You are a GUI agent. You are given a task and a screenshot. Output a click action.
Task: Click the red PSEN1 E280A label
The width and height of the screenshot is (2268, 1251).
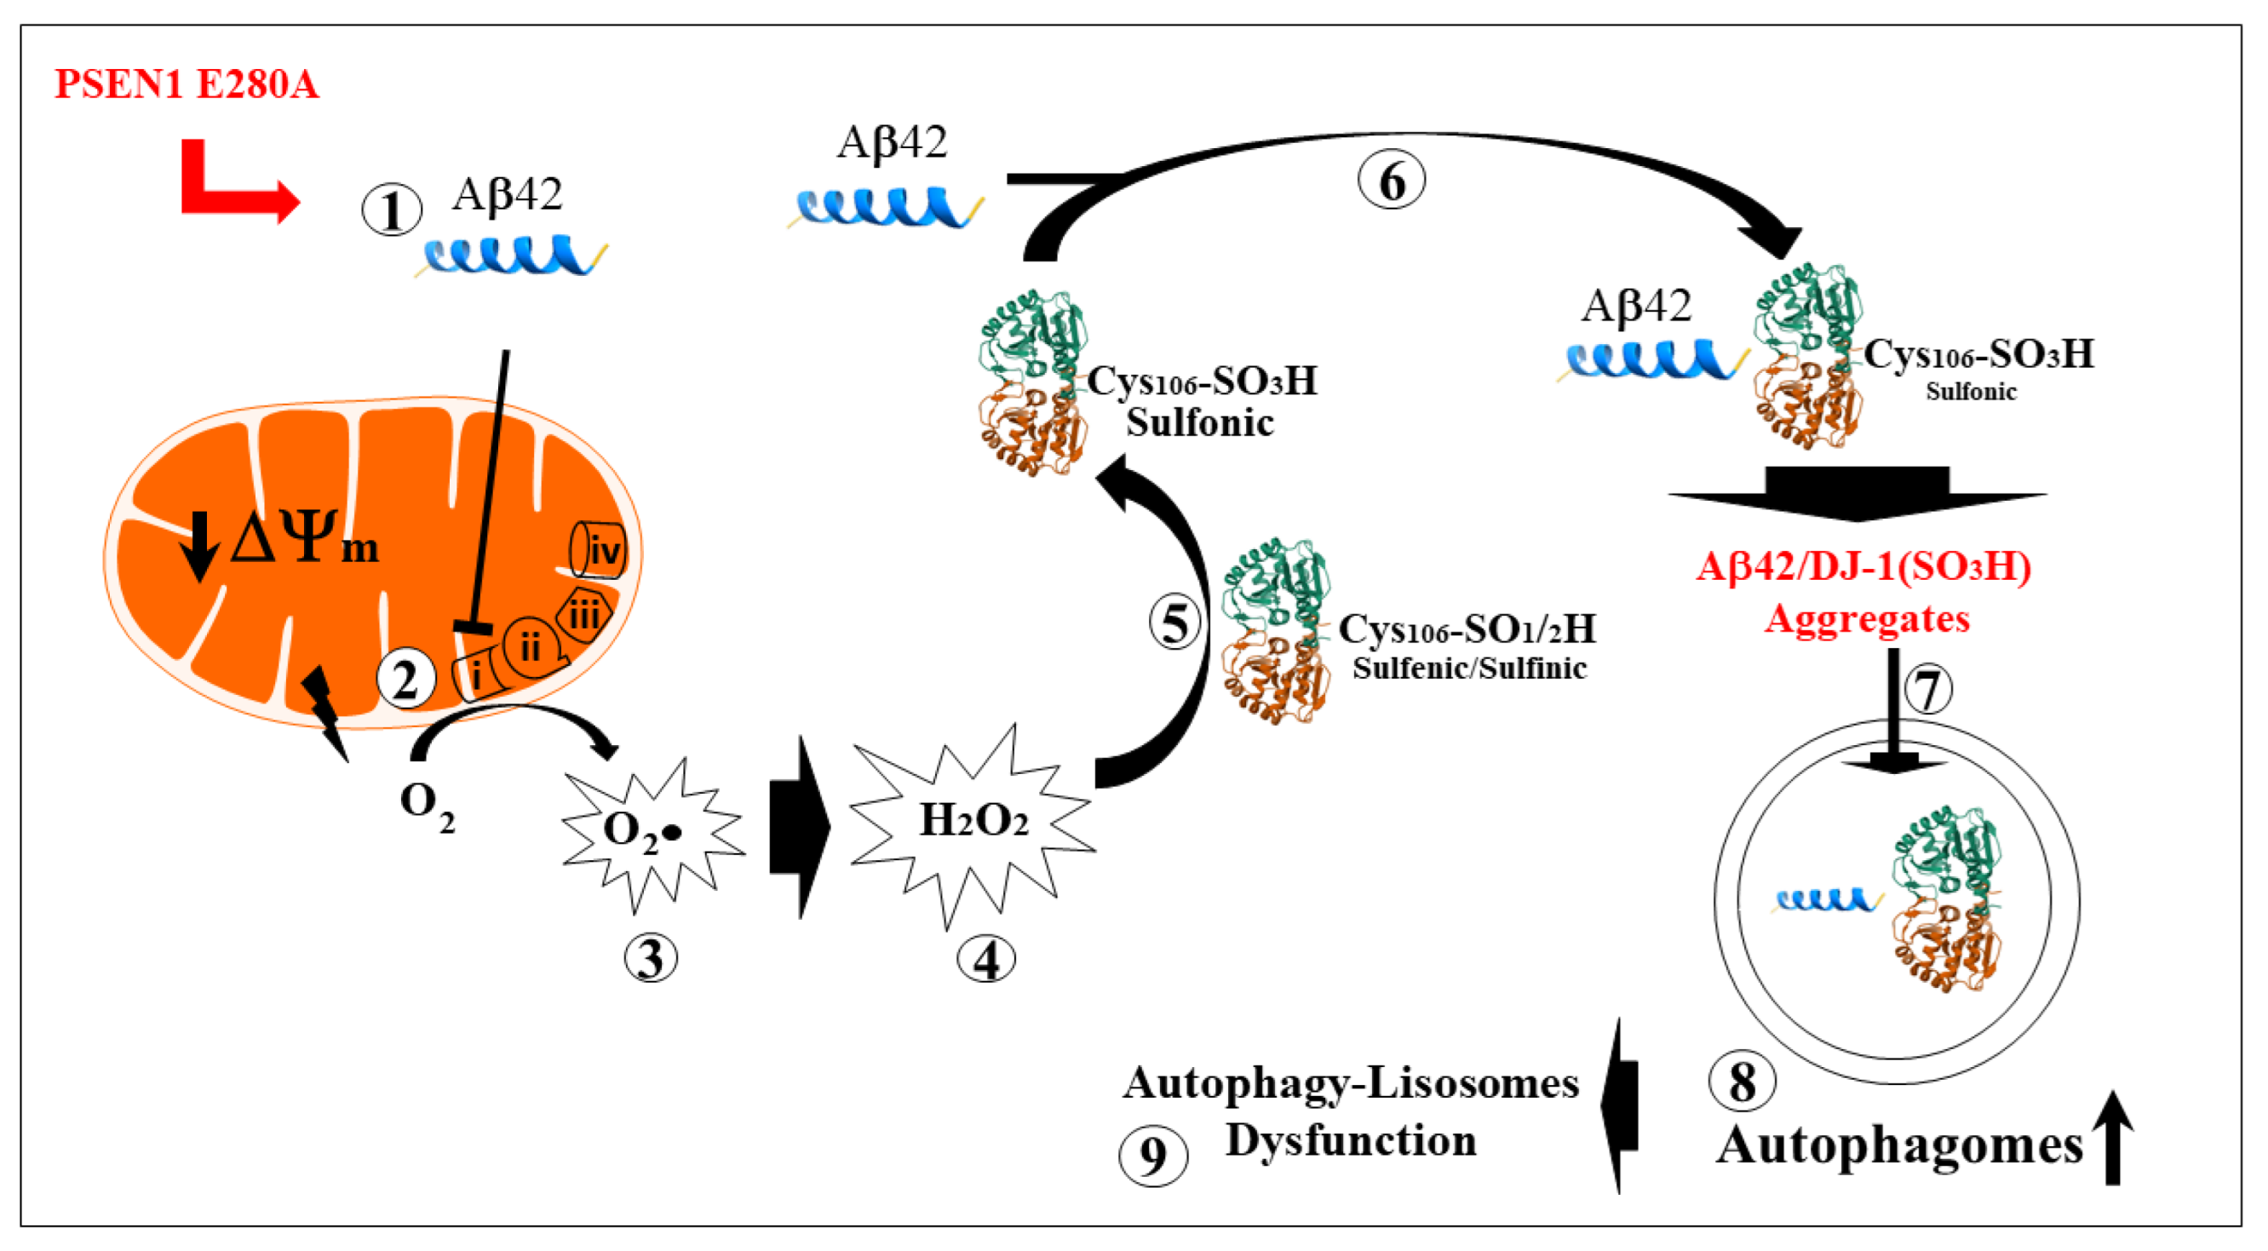click(187, 84)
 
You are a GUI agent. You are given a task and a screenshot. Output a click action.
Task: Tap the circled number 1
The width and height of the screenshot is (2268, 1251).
click(392, 210)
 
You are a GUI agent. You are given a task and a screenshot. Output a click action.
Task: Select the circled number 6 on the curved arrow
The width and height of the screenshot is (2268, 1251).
click(1391, 181)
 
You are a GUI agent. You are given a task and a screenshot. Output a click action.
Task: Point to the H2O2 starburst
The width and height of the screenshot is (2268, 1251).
click(973, 824)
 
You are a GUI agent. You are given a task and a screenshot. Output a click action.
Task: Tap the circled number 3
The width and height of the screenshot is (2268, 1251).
click(651, 958)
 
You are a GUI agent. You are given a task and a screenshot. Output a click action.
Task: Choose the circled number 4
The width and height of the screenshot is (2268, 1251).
click(986, 958)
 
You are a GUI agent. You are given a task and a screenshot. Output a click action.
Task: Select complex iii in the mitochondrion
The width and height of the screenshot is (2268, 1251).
click(583, 613)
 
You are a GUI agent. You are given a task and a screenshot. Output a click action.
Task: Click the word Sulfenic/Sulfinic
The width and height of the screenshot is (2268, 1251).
click(1469, 669)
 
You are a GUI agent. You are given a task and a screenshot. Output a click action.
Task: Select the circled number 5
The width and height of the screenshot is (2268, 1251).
click(1175, 623)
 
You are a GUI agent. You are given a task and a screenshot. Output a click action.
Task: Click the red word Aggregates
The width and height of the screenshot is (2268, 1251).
click(1868, 619)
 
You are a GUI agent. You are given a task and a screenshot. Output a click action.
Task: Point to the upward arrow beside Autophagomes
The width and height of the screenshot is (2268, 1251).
click(2112, 1138)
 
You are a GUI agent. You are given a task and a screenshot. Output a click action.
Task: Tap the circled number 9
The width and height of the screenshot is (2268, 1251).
click(1153, 1156)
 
